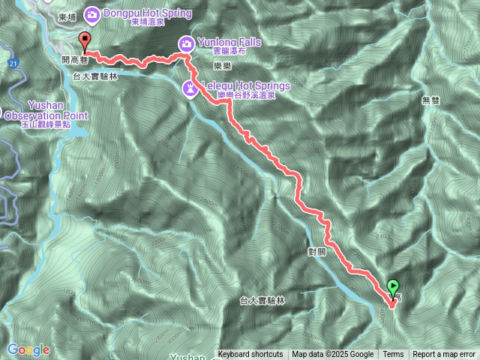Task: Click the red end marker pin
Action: (84, 42)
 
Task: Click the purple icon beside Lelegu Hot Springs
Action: (191, 88)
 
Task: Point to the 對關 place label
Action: (316, 250)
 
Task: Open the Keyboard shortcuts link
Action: (250, 355)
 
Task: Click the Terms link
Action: (393, 355)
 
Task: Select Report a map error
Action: (445, 355)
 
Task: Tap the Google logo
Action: (28, 350)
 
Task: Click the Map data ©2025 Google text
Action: (332, 355)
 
